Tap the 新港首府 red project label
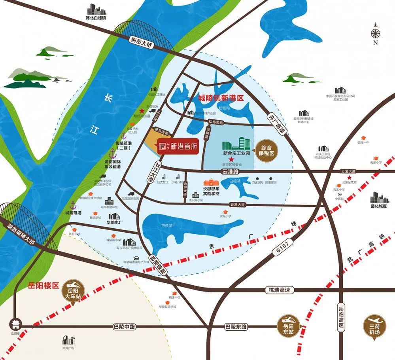pos(177,146)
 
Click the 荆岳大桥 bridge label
pos(141,40)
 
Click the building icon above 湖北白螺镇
pos(95,9)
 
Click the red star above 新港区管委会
pos(231,159)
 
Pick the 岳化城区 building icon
pos(378,198)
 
